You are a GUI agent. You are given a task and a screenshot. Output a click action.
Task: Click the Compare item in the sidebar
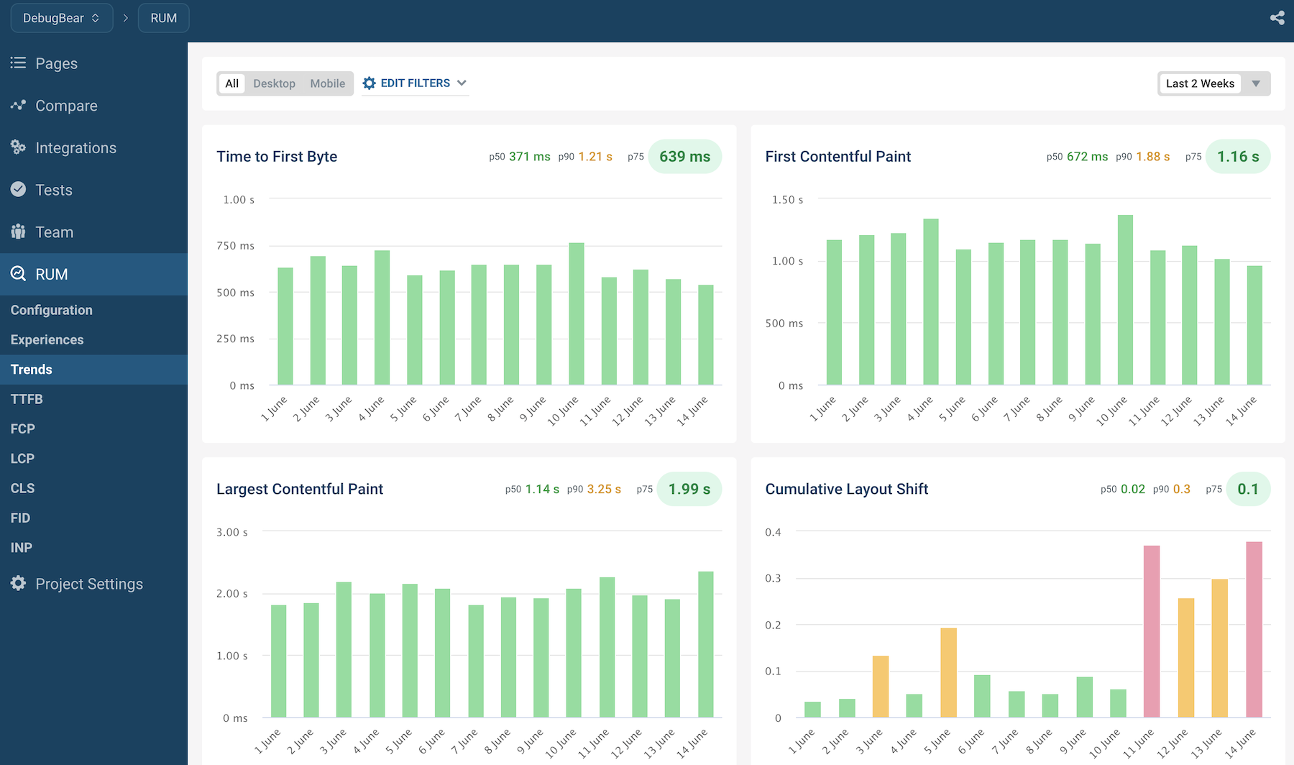[66, 106]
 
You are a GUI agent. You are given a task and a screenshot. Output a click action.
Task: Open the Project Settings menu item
[89, 584]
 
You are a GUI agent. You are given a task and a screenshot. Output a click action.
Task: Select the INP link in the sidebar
[22, 548]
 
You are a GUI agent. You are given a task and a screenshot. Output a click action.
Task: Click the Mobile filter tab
[327, 83]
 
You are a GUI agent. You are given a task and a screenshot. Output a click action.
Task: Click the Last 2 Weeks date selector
[1213, 83]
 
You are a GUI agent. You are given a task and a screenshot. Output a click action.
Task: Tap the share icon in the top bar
[1277, 18]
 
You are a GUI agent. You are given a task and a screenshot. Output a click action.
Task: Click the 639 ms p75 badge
[684, 157]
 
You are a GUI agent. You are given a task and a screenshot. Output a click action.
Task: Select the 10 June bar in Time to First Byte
[577, 313]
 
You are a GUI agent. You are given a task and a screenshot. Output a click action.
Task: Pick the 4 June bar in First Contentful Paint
[931, 302]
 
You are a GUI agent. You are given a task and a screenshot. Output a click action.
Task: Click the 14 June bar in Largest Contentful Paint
[706, 644]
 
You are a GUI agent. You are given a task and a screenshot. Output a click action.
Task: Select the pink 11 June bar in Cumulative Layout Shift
[1152, 631]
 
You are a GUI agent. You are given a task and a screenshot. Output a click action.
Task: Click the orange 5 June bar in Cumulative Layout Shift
[948, 672]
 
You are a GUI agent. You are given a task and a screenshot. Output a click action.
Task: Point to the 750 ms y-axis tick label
[236, 246]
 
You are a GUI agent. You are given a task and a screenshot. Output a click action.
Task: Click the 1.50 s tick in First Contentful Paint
[787, 200]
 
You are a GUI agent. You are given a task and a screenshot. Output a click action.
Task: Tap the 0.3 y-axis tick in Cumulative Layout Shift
[773, 578]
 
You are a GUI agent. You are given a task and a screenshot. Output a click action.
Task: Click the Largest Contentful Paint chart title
[300, 489]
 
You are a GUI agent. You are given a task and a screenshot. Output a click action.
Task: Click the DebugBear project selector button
[62, 18]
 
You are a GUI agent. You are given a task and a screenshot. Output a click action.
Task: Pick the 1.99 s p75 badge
[689, 489]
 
